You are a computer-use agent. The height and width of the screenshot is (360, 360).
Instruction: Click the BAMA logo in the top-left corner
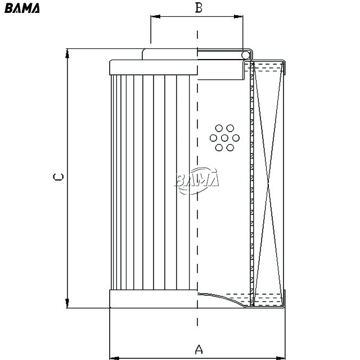click(x=22, y=8)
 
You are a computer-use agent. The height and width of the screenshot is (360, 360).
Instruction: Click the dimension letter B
click(x=199, y=7)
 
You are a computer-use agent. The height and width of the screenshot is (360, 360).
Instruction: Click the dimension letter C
click(x=58, y=177)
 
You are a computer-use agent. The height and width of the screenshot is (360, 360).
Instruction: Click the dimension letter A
click(x=199, y=349)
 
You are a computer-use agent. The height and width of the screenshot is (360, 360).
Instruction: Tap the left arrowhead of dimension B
click(x=155, y=16)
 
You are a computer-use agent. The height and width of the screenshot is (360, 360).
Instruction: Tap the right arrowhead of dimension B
click(x=238, y=16)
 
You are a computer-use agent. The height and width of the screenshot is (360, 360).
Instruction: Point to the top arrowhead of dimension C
click(x=67, y=53)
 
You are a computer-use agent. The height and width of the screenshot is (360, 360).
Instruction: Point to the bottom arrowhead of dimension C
click(x=67, y=303)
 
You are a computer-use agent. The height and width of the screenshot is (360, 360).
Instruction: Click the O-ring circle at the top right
click(x=245, y=55)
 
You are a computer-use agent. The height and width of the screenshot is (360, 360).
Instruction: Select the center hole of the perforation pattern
click(x=224, y=138)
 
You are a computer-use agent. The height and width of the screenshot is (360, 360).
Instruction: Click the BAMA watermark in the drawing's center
click(x=196, y=181)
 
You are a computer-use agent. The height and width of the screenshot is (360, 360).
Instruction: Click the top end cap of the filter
click(x=154, y=67)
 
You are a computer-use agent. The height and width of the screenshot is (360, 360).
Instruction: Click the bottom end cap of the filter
click(x=154, y=299)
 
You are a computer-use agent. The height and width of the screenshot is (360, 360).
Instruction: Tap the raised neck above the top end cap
click(x=170, y=55)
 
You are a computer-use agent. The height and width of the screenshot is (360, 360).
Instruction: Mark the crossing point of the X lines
click(x=268, y=183)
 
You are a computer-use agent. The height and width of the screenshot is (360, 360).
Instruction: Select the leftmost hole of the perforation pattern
click(x=213, y=138)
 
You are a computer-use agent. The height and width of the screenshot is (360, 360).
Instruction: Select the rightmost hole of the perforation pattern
click(x=236, y=138)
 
